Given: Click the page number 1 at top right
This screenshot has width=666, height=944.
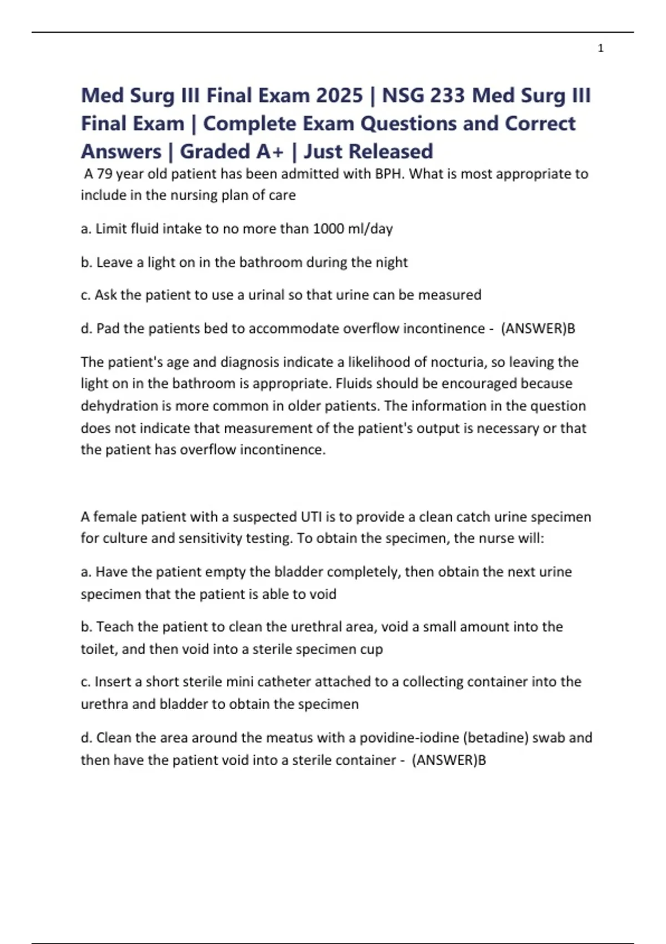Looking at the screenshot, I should pyautogui.click(x=601, y=49).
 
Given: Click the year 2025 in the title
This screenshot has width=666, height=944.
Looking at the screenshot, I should pyautogui.click(x=339, y=96).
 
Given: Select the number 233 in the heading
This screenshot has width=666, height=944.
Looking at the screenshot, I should pyautogui.click(x=446, y=96).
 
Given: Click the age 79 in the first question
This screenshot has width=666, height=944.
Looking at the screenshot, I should pyautogui.click(x=104, y=174).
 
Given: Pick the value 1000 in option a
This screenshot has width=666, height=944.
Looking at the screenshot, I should pyautogui.click(x=329, y=229).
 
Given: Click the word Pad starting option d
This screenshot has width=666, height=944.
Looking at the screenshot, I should pyautogui.click(x=108, y=329).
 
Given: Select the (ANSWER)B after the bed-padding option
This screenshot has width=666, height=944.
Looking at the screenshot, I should pyautogui.click(x=538, y=329).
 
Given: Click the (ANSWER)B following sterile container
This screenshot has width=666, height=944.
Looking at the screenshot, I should pyautogui.click(x=449, y=760).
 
